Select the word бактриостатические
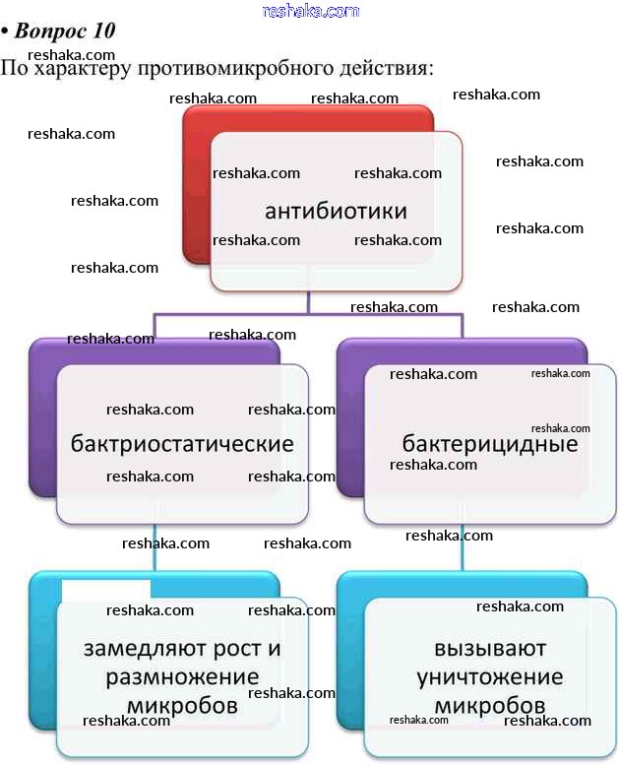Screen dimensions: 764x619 point(182,443)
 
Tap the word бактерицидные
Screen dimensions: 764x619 point(489,443)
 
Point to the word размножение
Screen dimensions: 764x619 point(182,677)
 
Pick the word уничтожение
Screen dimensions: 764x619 point(489,677)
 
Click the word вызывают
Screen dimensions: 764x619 point(489,649)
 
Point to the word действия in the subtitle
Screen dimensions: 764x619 point(384,70)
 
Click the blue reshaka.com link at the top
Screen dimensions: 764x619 point(311,11)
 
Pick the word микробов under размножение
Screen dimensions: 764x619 point(182,706)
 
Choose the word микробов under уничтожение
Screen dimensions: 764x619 point(489,706)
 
